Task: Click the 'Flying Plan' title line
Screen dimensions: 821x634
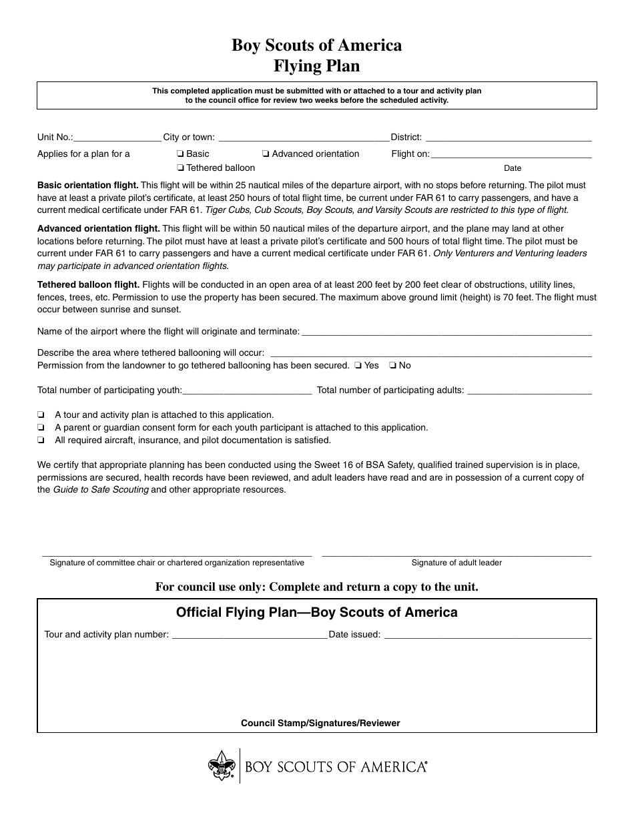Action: coord(316,66)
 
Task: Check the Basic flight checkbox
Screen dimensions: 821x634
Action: coord(180,154)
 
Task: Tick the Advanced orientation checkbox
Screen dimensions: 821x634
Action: coord(266,154)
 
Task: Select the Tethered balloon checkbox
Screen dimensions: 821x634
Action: coord(180,168)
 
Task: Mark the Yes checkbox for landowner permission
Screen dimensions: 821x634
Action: coord(358,366)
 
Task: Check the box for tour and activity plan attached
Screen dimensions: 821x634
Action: coord(41,415)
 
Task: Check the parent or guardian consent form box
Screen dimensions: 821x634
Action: coord(41,428)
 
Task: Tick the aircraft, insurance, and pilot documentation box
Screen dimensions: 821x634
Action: coord(41,441)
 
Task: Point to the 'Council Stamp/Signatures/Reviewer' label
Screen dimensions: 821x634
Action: coord(320,723)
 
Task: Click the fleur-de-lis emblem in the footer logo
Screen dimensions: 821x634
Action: coord(221,766)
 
